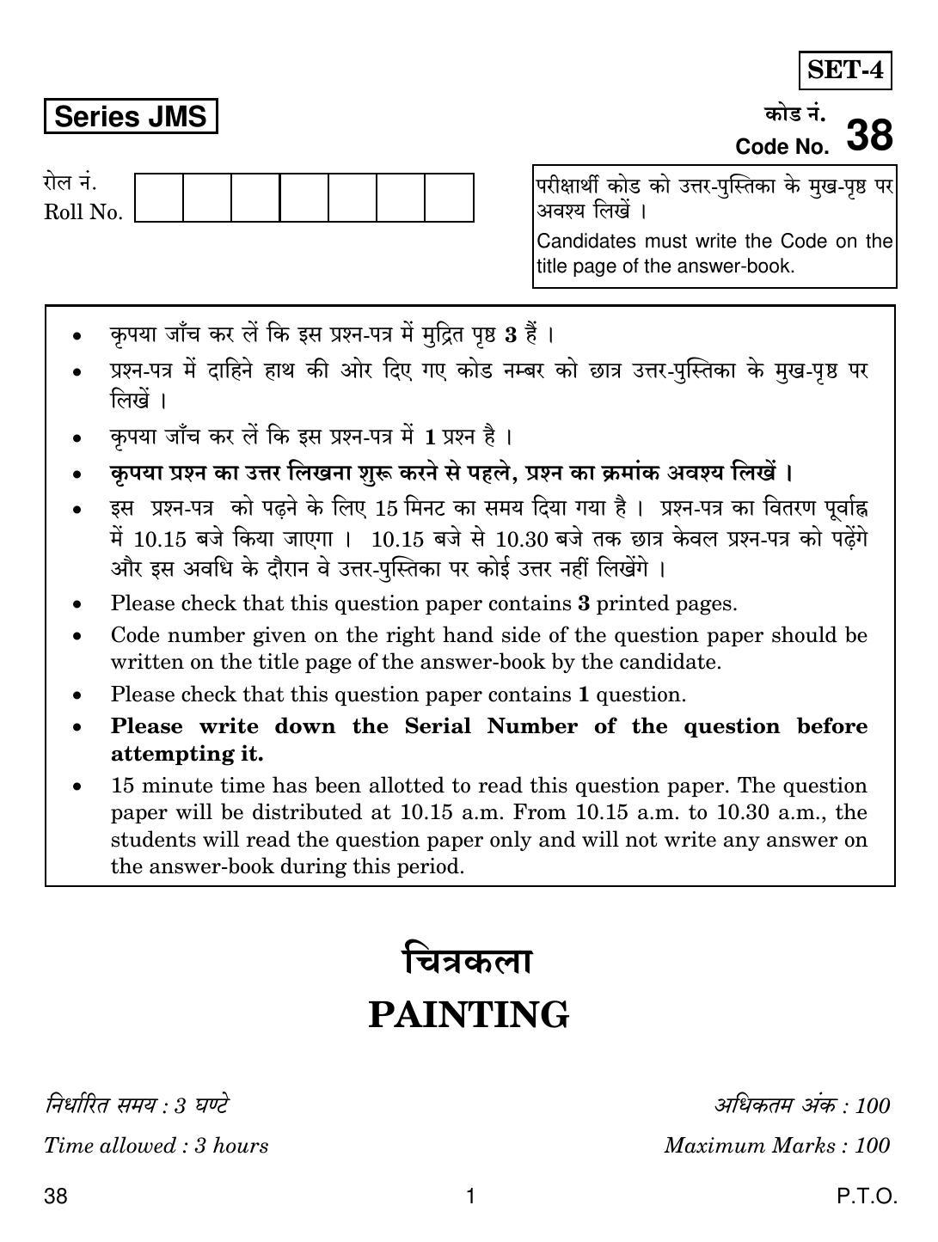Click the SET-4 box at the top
[x=845, y=70]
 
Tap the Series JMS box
[x=131, y=117]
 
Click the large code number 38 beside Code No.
[x=869, y=135]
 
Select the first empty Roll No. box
[x=160, y=198]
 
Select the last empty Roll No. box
[x=449, y=198]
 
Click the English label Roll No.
[x=83, y=212]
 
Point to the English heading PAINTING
[x=469, y=1014]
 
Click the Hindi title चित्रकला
[x=469, y=961]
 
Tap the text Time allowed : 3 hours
[x=156, y=1145]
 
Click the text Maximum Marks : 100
[x=776, y=1145]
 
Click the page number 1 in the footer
[x=470, y=1196]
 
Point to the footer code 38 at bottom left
[x=56, y=1196]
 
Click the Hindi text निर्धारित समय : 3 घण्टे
[x=137, y=1105]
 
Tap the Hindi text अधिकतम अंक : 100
[x=801, y=1105]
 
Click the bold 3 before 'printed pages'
[x=583, y=603]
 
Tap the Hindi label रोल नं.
[x=71, y=183]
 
